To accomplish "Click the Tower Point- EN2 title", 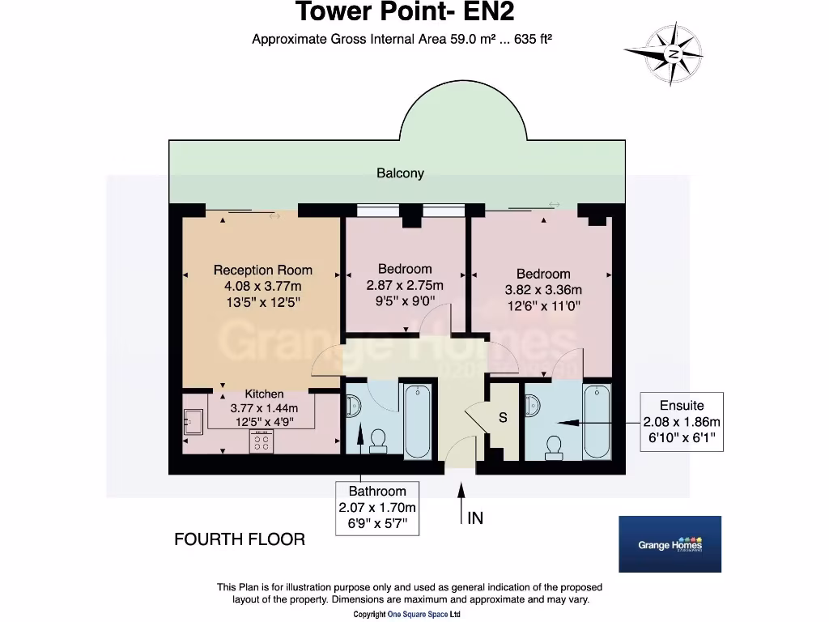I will [x=404, y=13].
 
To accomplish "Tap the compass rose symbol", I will [x=673, y=54].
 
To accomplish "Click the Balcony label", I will [x=400, y=173].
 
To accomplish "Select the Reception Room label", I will [x=262, y=270].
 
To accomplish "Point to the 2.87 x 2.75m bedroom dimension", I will [x=405, y=285].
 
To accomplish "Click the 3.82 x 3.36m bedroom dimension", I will [x=543, y=290].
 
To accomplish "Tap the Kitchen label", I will [x=264, y=394].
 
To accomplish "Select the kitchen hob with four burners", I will [x=261, y=442].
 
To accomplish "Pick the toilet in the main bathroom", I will [x=377, y=440].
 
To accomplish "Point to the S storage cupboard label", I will [x=503, y=418].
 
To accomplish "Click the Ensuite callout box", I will [x=681, y=422].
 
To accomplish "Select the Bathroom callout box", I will [x=377, y=508].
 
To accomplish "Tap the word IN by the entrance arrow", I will [x=475, y=518].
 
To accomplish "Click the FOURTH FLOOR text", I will [x=240, y=539].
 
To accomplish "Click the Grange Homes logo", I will [x=670, y=545].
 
